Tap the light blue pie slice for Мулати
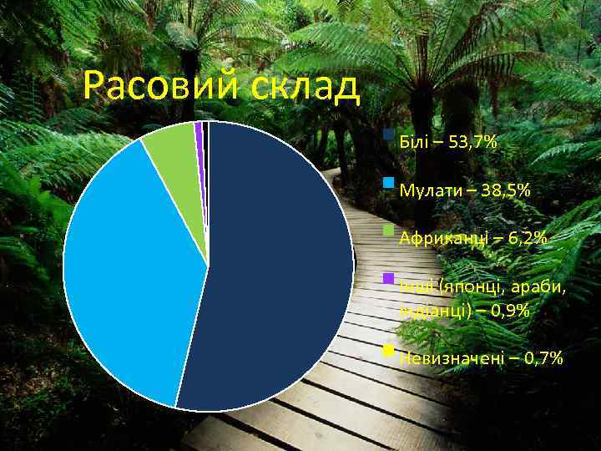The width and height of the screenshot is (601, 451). (x=125, y=267)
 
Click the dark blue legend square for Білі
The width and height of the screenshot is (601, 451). (x=388, y=134)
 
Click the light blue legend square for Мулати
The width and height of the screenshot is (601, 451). (x=388, y=182)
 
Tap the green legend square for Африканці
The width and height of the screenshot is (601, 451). (x=388, y=230)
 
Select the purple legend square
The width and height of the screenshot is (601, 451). (x=388, y=277)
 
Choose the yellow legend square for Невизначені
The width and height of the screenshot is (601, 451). (x=388, y=350)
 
